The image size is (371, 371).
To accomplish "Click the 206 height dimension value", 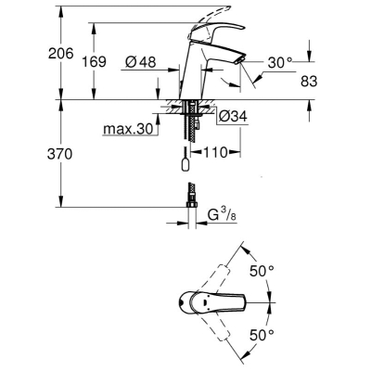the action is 61,54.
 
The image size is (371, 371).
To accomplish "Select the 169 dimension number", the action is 94,61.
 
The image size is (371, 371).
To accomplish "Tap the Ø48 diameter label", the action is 141,62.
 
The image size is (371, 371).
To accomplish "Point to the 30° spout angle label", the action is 280,63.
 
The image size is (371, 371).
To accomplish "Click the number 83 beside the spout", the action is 309,82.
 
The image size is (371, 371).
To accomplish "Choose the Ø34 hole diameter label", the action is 233,117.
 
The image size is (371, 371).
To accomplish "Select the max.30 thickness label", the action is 128,129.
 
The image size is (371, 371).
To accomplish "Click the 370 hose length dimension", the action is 59,154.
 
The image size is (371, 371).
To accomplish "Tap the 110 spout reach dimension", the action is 215,152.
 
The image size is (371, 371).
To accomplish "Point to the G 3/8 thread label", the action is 222,214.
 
